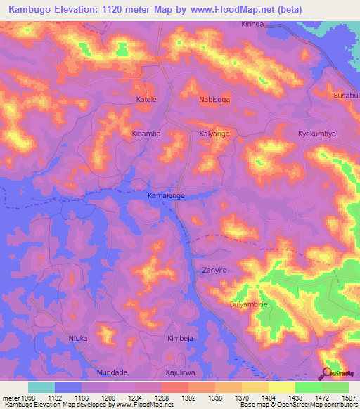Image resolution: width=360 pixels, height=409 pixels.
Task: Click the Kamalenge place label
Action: (x=167, y=195)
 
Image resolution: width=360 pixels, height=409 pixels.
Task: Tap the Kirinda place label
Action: (x=252, y=24)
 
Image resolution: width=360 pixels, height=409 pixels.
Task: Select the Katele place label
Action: (x=146, y=100)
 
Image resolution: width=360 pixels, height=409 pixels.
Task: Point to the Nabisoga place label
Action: (x=214, y=100)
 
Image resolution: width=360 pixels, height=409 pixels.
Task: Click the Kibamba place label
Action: (x=146, y=133)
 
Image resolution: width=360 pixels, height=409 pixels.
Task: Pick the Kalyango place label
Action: (x=214, y=133)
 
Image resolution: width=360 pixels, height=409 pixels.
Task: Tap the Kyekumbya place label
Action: (x=316, y=133)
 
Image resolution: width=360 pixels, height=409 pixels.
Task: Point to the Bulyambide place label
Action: (x=250, y=304)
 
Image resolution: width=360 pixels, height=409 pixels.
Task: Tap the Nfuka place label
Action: (x=77, y=338)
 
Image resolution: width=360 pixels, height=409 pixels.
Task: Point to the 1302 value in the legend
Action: (x=187, y=398)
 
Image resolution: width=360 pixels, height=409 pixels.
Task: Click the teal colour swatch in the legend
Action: (x=41, y=387)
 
